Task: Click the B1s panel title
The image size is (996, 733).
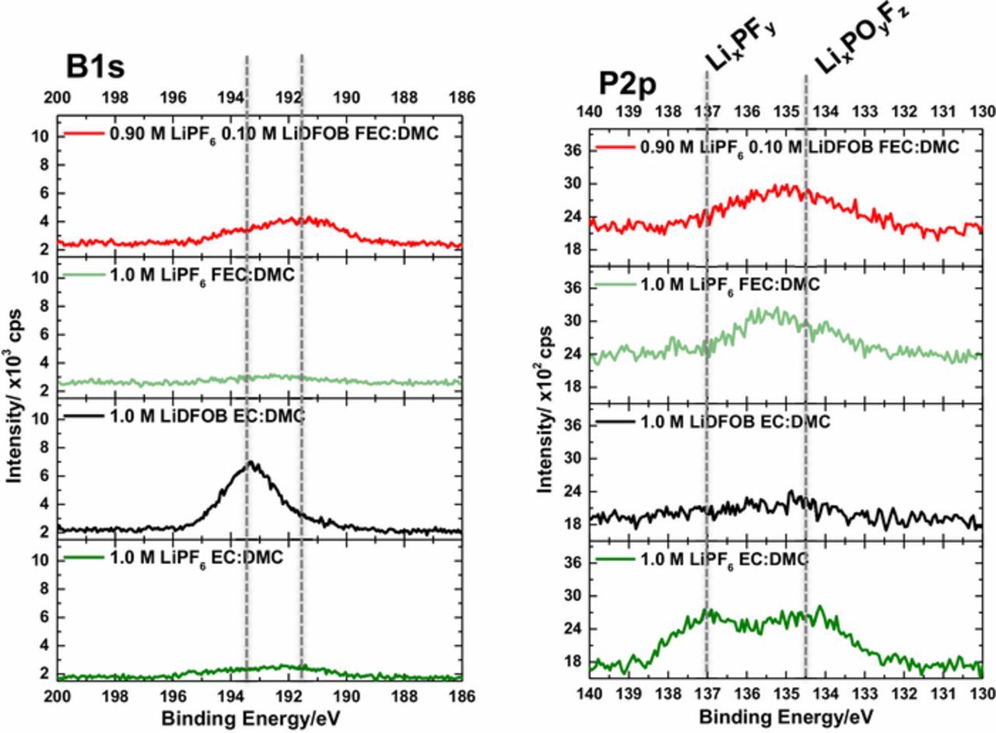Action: point(95,68)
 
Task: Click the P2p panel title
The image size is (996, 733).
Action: point(627,84)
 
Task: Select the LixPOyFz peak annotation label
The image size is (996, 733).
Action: point(861,38)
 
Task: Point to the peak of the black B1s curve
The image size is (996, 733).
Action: point(251,463)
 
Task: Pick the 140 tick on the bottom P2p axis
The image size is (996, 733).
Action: point(589,693)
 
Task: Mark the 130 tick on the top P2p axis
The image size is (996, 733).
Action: point(983,112)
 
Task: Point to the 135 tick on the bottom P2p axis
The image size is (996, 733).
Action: point(786,693)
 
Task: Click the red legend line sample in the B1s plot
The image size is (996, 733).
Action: point(83,134)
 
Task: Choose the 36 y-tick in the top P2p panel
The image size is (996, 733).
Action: point(573,150)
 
